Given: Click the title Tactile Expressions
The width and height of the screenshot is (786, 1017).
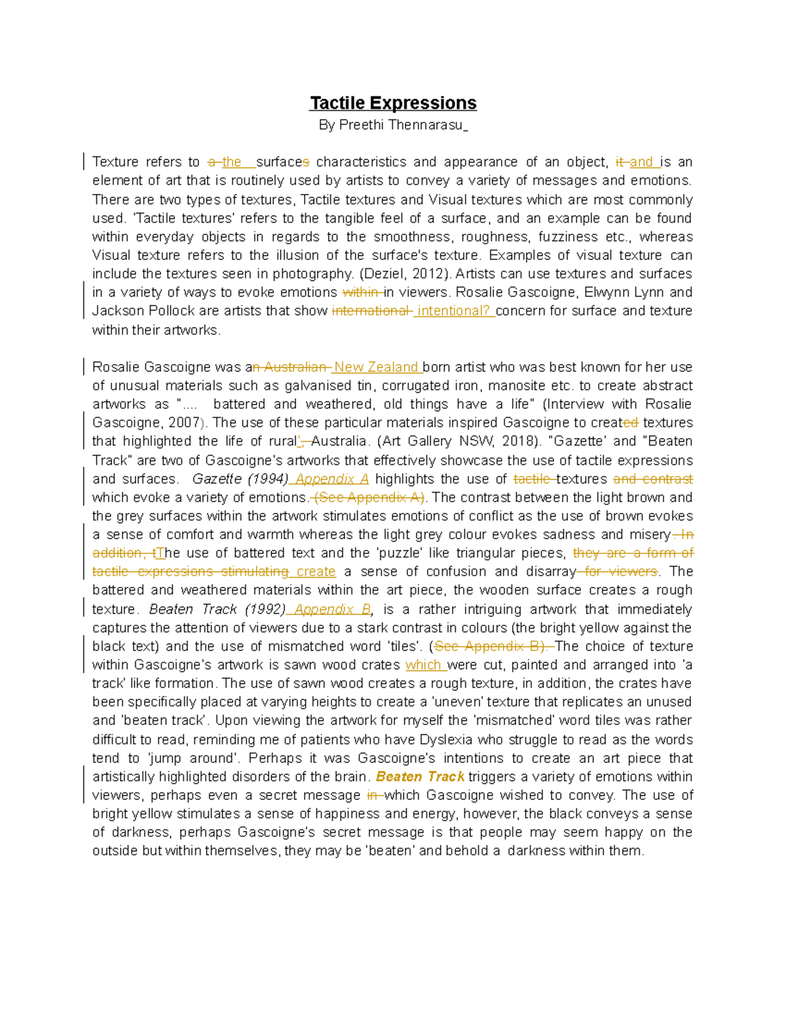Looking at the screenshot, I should coord(393,103).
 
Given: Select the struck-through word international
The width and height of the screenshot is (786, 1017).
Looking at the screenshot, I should coord(371,311).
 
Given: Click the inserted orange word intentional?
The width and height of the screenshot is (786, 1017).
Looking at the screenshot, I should coord(454,311).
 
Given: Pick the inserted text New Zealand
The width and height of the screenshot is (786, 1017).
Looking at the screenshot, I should coord(377,367).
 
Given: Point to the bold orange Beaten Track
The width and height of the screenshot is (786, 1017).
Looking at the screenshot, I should coord(420,777).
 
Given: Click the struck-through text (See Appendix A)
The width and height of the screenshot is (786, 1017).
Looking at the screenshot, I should coord(369,498).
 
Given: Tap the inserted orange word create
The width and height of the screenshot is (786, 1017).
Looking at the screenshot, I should coord(316,572).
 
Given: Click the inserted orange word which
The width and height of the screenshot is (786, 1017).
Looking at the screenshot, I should coord(424,665).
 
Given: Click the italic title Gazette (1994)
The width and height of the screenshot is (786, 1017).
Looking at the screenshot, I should coord(240,479).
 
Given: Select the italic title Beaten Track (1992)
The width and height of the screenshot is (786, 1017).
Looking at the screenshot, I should coord(217,610).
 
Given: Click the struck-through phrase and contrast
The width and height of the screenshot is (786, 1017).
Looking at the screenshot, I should coord(652,479).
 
